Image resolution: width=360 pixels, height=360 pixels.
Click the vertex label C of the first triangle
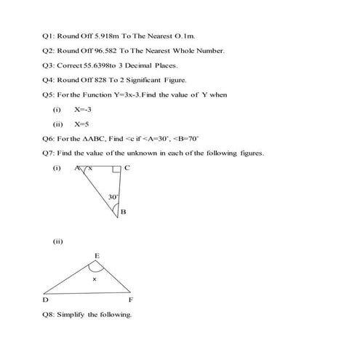127,168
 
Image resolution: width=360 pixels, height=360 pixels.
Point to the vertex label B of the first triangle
123,212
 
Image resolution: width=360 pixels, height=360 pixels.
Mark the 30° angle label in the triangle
113,197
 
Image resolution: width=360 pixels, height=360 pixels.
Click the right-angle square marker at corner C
117,170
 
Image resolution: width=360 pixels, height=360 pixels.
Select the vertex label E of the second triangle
97,255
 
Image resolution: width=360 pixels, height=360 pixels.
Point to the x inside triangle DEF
94,279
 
